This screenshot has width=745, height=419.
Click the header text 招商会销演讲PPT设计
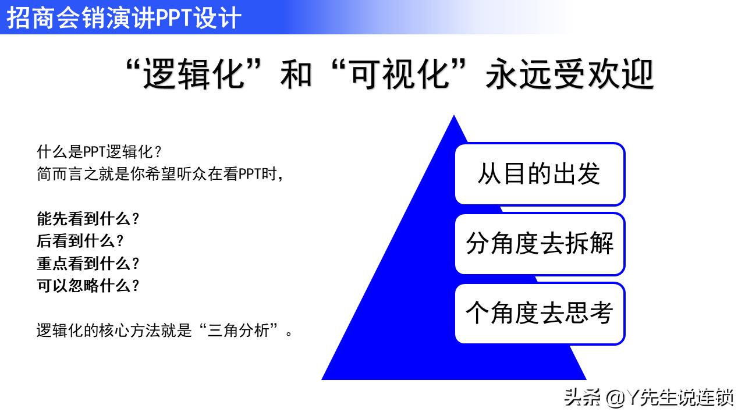(123, 17)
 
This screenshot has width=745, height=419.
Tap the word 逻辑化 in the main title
(193, 75)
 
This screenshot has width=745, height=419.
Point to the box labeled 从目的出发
(539, 174)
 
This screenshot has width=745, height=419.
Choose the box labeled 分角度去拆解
(539, 244)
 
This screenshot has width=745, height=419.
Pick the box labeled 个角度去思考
(539, 314)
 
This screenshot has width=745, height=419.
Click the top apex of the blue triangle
(453, 117)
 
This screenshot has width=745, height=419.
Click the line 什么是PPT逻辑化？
(99, 152)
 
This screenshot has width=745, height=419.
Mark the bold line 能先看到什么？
(88, 219)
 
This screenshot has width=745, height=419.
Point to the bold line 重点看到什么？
(88, 264)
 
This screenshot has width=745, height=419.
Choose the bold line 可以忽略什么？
(88, 286)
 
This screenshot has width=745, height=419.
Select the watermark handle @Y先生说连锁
(669, 398)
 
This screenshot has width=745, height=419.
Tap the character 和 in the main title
(296, 75)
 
